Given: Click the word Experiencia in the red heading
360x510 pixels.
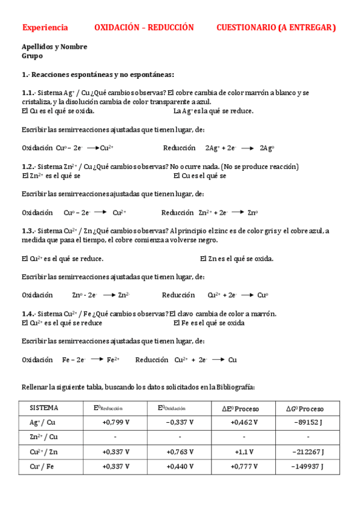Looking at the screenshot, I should pos(45,28).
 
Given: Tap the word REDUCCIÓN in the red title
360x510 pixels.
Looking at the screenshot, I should pos(171,28).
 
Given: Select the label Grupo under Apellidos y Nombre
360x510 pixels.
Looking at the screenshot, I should pos(32,56).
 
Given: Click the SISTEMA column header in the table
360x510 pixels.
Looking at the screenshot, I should pos(44,408).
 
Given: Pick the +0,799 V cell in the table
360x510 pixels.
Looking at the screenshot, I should pos(116,422).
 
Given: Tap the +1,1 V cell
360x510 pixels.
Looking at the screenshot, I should pos(244,451).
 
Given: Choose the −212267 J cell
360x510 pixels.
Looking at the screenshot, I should pos(308,451).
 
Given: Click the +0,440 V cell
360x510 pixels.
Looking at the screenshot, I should pos(180,465).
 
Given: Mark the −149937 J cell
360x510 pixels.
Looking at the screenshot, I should pos(308,465).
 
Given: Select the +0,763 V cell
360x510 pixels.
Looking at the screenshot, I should pos(180,451).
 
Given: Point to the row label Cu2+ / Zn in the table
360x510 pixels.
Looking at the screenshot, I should pos(44,451).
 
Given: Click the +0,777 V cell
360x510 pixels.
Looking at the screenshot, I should pos(244,465).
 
